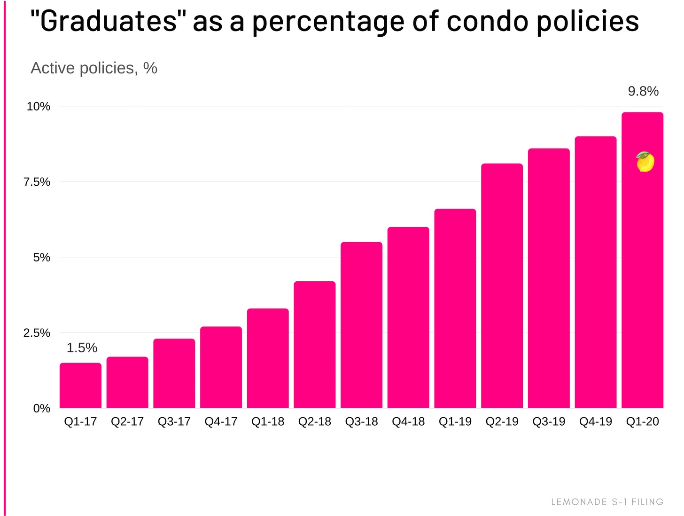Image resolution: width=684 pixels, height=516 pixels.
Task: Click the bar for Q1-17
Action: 80,385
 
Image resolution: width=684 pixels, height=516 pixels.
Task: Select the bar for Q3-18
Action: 361,325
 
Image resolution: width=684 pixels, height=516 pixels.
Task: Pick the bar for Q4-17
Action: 221,367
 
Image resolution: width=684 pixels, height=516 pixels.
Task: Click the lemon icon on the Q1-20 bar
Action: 645,162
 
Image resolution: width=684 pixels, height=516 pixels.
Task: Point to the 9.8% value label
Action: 643,91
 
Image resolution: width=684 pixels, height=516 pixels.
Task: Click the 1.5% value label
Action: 82,348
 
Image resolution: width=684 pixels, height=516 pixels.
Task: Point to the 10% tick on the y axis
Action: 38,106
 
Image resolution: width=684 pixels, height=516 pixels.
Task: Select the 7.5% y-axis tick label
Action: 37,182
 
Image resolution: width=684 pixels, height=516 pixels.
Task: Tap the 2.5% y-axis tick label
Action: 37,333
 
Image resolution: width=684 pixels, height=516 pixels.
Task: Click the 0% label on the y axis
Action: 41,408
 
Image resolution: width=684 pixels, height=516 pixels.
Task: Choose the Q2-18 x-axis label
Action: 314,421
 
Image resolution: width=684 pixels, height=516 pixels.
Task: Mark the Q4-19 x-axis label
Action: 595,421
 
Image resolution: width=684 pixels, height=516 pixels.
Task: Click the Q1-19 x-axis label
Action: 455,421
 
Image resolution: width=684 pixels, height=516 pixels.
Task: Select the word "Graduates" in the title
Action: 109,21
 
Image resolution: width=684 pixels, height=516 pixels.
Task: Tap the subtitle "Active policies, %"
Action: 94,68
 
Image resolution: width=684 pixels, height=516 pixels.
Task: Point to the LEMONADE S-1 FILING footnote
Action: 607,502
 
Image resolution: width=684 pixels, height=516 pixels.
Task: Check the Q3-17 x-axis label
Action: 174,421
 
